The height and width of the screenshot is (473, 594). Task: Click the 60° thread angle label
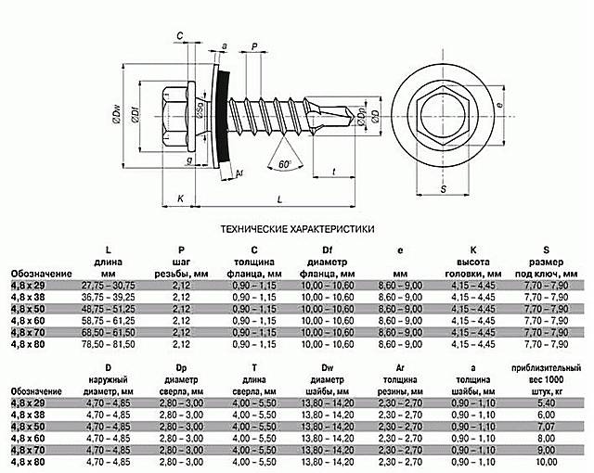[x=283, y=163]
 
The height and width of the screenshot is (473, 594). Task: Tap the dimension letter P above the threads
[x=253, y=45]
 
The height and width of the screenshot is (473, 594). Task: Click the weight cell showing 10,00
[x=548, y=461]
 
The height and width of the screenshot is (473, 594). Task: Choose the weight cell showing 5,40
[x=548, y=403]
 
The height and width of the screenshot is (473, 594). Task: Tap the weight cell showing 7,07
[x=548, y=427]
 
